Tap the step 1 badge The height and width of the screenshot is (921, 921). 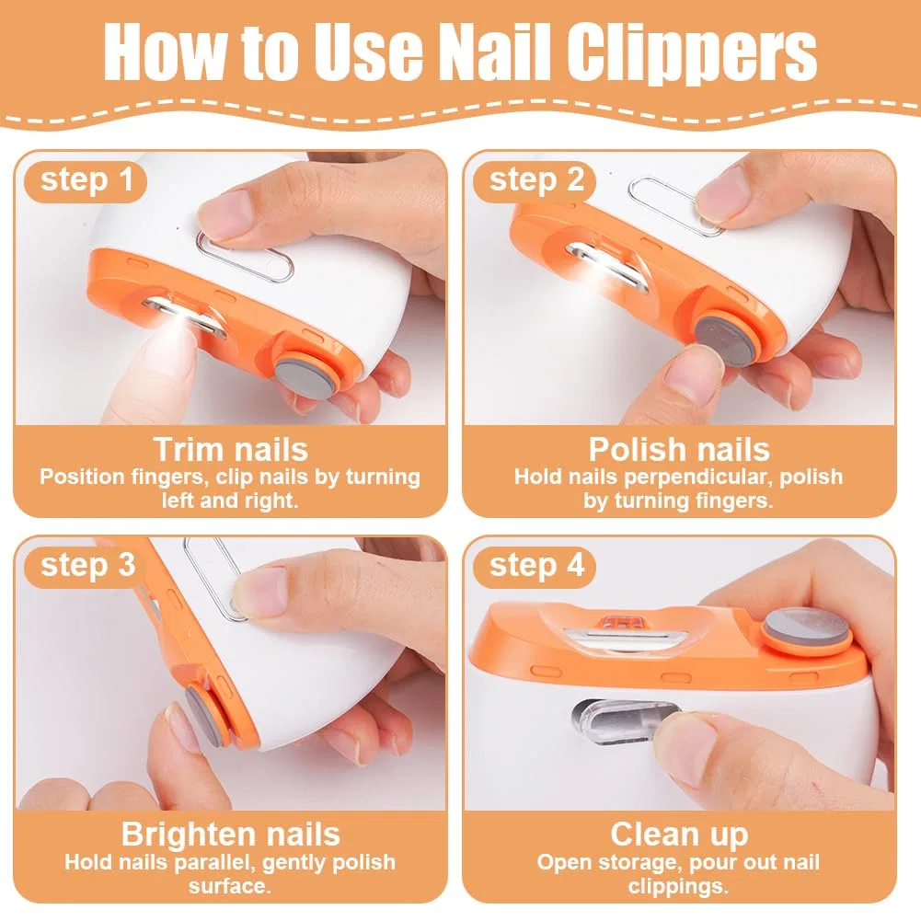pyautogui.click(x=86, y=181)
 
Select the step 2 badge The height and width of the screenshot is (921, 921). pyautogui.click(x=535, y=181)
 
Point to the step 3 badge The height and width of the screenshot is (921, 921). pyautogui.click(x=86, y=566)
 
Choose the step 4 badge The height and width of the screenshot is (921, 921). pyautogui.click(x=535, y=566)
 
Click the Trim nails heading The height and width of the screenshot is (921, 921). pyautogui.click(x=230, y=449)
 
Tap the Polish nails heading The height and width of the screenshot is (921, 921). pyautogui.click(x=679, y=449)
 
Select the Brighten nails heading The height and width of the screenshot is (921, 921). pyautogui.click(x=230, y=835)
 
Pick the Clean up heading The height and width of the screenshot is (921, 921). pyautogui.click(x=679, y=835)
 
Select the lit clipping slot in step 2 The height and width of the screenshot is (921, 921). pyautogui.click(x=605, y=266)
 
